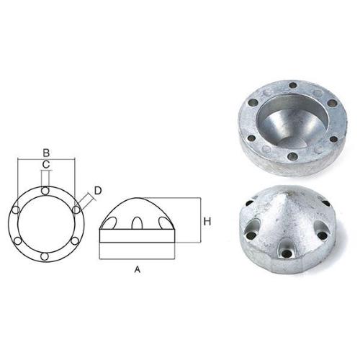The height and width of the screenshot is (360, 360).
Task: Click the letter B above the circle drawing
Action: pyautogui.click(x=45, y=152)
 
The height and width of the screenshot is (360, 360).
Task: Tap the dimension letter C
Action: pyautogui.click(x=45, y=165)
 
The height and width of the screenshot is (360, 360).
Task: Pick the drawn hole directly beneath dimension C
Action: pyautogui.click(x=45, y=190)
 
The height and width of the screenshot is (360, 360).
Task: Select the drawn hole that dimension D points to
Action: pyautogui.click(x=76, y=210)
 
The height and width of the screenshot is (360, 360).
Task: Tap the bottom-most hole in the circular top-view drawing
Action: pyautogui.click(x=45, y=256)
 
